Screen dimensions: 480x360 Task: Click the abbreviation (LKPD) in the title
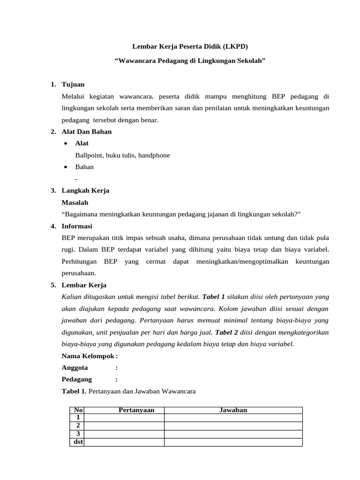pos(233,47)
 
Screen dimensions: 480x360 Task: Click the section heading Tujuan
pos(73,84)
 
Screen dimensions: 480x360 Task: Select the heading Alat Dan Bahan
pos(87,132)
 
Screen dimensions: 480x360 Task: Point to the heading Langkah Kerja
pos(85,191)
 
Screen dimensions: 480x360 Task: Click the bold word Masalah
pos(75,202)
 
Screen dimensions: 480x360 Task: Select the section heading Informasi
pos(78,226)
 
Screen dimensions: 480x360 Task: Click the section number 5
pos(53,285)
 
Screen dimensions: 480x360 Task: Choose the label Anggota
pos(75,368)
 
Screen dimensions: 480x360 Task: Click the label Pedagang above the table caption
pos(77,380)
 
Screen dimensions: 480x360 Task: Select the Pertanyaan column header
pos(136,410)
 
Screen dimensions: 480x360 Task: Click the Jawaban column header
pos(233,410)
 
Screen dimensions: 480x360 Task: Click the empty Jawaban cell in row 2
pos(233,426)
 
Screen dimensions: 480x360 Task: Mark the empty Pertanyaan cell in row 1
pos(124,418)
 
